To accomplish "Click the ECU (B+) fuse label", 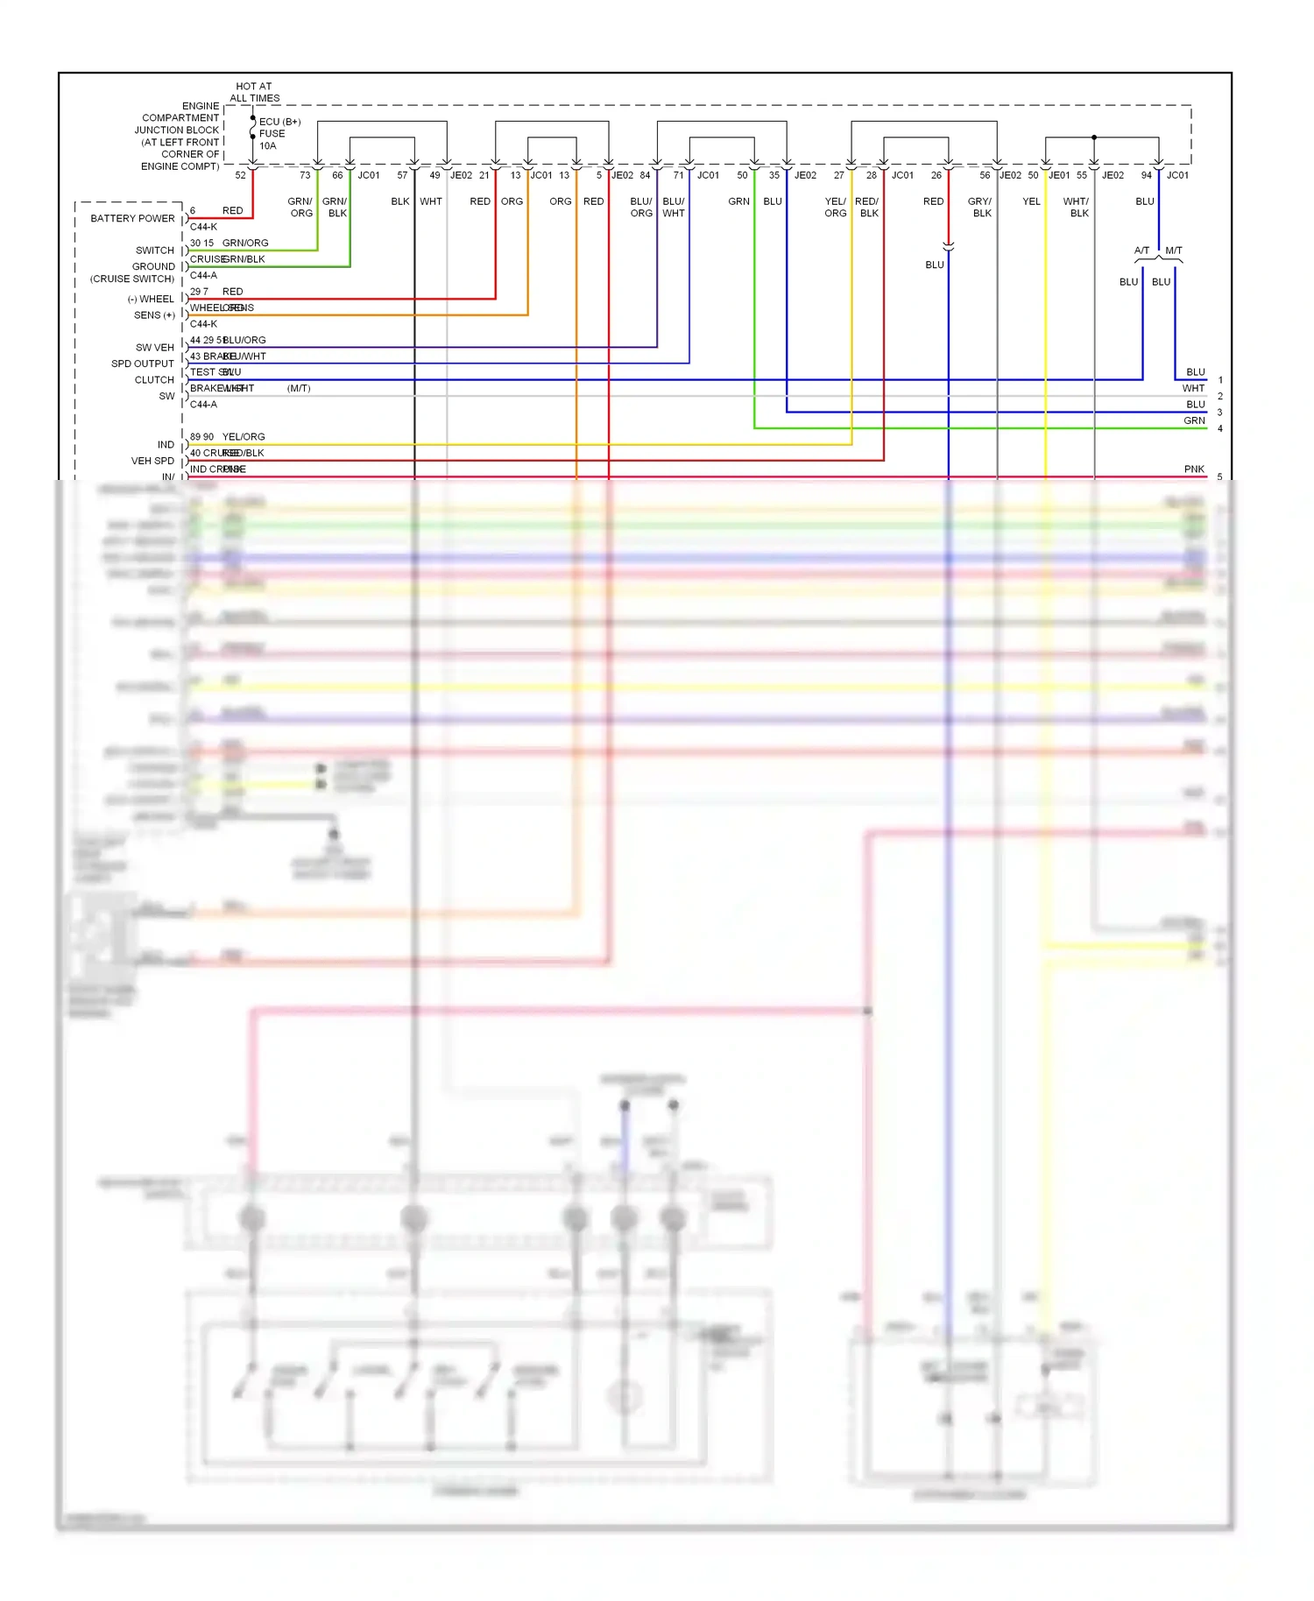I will coord(279,122).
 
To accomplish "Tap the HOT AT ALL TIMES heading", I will coord(254,92).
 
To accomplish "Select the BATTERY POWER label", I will coord(132,218).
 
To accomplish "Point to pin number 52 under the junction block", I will coord(240,175).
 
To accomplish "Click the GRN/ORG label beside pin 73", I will coord(300,207).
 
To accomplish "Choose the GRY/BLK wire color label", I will coord(980,207).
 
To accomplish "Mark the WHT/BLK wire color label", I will coord(1077,207).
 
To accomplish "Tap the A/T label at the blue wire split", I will coord(1141,250).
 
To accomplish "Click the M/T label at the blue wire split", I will coord(1174,250).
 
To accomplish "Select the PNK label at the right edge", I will coord(1194,469).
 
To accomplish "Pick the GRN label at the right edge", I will coord(1195,420).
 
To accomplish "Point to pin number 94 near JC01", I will coord(1146,175).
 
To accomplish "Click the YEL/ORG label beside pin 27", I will coord(836,207).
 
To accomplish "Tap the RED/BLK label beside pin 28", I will coord(867,207).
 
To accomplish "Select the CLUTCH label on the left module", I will coord(154,380).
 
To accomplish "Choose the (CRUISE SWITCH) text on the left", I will coord(132,279).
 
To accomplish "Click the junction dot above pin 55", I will coord(1094,138).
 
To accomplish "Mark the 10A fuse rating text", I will coord(268,146).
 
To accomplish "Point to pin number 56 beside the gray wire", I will coord(985,175).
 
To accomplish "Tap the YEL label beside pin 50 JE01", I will coord(1032,201).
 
